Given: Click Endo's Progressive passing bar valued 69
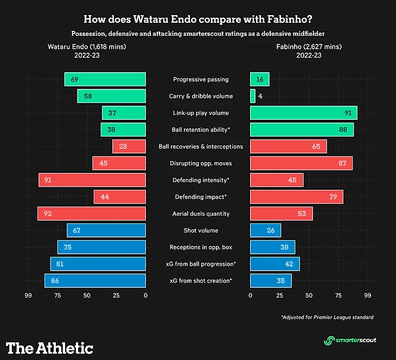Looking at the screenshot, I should pyautogui.click(x=105, y=80).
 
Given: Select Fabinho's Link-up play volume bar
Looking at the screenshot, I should pyautogui.click(x=303, y=113).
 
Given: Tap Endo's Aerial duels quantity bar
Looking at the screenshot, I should pyautogui.click(x=92, y=214).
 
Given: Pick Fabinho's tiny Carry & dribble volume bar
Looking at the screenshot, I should pyautogui.click(x=252, y=97).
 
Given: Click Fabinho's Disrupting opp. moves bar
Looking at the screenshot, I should pyautogui.click(x=301, y=163).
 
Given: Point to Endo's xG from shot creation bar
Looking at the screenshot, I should pyautogui.click(x=95, y=281).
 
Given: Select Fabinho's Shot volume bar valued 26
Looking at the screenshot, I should pyautogui.click(x=265, y=230).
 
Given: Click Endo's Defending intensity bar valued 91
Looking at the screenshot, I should pyautogui.click(x=92, y=180).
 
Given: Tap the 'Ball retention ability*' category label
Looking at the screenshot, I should pyautogui.click(x=197, y=130).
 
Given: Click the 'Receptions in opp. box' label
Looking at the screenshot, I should pyautogui.click(x=197, y=247).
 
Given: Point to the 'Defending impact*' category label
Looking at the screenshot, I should pyautogui.click(x=197, y=197).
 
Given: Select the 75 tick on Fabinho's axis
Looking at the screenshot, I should pyautogui.click(x=338, y=295).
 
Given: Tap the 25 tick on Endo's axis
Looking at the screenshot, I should pyautogui.click(x=116, y=295).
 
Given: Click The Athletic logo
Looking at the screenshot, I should pyautogui.click(x=49, y=348).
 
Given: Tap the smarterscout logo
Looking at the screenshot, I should pyautogui.click(x=350, y=340).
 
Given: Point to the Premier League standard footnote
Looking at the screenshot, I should pyautogui.click(x=327, y=317).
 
